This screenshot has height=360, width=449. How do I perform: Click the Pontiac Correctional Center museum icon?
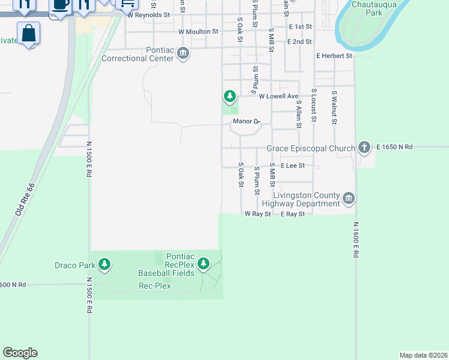(184, 54)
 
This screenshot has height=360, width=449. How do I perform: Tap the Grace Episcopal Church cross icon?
(364, 147)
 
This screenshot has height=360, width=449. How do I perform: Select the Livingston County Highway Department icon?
(349, 198)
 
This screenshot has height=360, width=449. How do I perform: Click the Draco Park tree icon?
(105, 265)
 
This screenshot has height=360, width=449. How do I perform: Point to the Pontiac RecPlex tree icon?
(203, 263)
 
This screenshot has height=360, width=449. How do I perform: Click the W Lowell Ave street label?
(278, 96)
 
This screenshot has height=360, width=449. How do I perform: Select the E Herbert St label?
(334, 56)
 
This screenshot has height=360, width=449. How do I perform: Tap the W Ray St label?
(258, 214)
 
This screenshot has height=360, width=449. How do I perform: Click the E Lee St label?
(292, 166)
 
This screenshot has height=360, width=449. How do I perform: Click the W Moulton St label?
(198, 31)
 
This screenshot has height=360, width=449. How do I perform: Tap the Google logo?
(20, 353)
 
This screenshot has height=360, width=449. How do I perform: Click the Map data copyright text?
(423, 355)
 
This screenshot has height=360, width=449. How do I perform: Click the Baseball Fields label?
(166, 273)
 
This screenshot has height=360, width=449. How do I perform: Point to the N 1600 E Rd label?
(355, 240)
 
